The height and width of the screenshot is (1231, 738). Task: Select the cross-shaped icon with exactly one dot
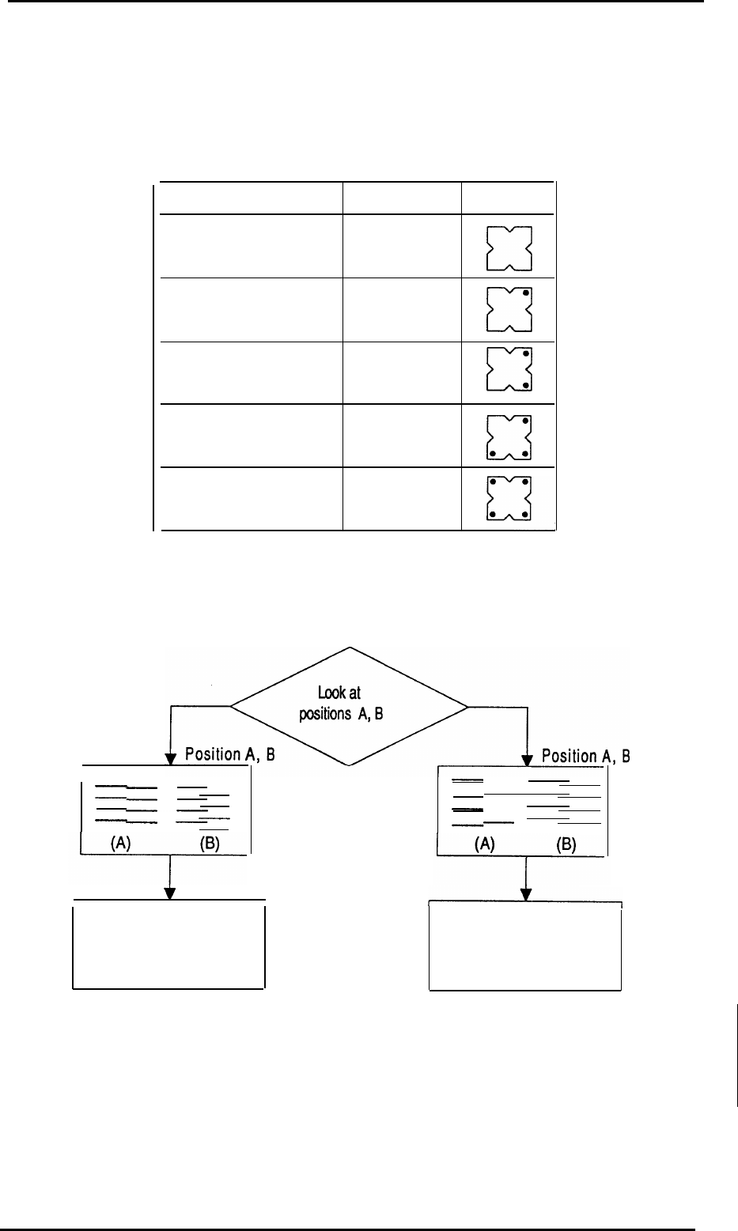[508, 309]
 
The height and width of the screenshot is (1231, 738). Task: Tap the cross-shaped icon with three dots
[508, 437]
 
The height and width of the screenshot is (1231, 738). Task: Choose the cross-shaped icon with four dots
[508, 500]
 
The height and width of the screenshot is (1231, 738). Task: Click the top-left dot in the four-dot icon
[492, 482]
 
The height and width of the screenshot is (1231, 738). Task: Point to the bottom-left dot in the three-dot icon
[492, 454]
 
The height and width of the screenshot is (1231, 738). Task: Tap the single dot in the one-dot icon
[525, 292]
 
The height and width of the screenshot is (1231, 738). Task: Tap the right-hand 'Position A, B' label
[585, 756]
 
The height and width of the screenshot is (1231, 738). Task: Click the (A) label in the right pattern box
[484, 844]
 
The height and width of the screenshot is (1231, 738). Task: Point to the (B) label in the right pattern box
[566, 844]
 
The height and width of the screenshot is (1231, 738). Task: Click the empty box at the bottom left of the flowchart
[168, 944]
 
